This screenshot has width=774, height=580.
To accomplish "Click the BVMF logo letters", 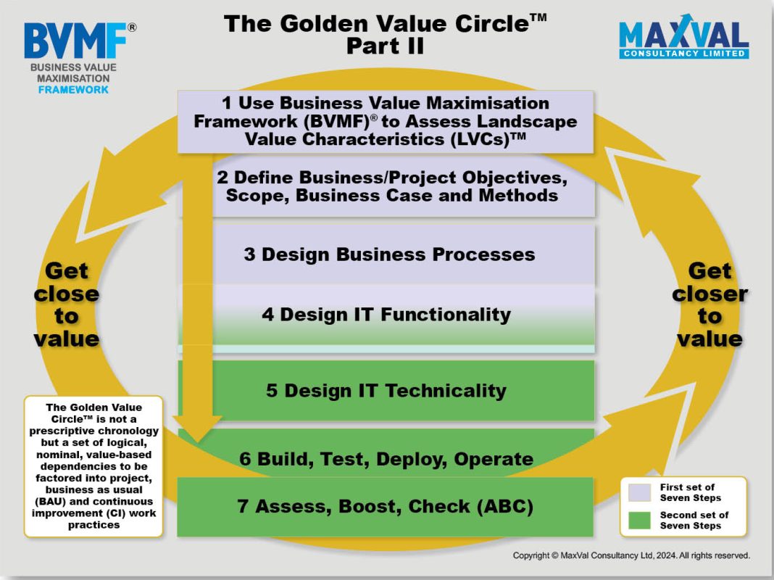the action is [x=75, y=41].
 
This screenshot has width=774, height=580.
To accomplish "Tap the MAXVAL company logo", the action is [x=683, y=36].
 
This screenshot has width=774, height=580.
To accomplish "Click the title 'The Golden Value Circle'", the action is [x=385, y=23].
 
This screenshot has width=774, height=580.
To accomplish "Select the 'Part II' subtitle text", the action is [x=385, y=46].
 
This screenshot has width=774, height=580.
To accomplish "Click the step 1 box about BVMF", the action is [x=386, y=121].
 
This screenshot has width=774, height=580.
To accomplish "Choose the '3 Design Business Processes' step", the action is [x=389, y=254].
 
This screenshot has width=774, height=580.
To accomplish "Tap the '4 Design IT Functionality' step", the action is [x=386, y=315].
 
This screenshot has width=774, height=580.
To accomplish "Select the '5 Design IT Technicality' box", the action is [x=386, y=391].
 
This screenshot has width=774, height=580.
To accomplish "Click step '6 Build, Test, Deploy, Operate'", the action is [x=386, y=458].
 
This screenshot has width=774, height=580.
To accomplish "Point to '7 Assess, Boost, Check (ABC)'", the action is [x=385, y=507].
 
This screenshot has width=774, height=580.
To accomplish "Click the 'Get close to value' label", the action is [x=67, y=304].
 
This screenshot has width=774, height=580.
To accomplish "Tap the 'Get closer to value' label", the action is [x=709, y=304].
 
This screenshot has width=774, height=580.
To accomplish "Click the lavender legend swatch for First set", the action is [x=639, y=492].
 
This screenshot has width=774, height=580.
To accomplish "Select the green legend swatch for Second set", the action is [x=639, y=521].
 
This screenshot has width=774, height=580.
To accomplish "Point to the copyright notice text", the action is [x=631, y=555].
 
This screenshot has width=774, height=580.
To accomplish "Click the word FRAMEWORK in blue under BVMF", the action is [x=73, y=90].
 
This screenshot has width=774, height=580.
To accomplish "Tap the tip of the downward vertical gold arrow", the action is [x=197, y=442].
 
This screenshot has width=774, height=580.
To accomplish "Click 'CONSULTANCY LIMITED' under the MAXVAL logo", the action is [x=683, y=54].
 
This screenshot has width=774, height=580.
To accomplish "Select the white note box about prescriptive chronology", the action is [x=93, y=466].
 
